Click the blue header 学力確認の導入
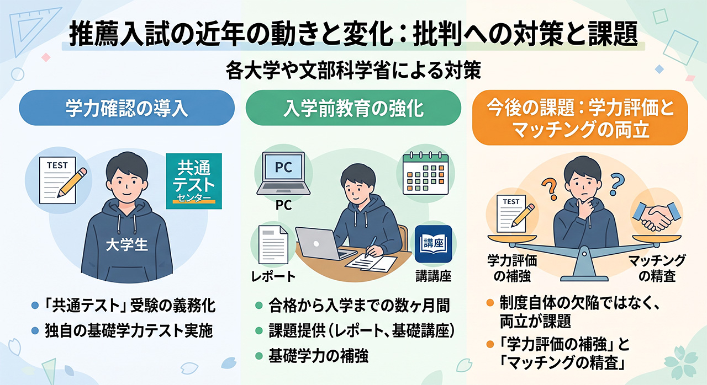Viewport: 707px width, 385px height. (x=127, y=108)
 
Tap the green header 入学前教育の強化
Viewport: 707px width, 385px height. (x=353, y=108)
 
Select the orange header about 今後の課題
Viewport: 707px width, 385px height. (x=580, y=117)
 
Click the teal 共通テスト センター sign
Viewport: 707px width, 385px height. (x=194, y=181)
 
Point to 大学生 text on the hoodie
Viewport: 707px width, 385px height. (x=127, y=245)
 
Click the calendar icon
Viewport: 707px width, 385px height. (x=425, y=173)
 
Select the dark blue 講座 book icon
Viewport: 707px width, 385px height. (x=434, y=244)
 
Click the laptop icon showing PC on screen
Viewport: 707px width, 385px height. (x=283, y=173)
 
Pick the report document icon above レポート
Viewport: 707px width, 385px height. (x=273, y=244)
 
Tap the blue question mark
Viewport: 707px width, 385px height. (x=617, y=185)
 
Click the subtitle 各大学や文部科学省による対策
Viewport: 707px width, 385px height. (x=353, y=71)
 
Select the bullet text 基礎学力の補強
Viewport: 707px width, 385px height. (x=318, y=356)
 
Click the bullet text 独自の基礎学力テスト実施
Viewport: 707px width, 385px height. (x=129, y=331)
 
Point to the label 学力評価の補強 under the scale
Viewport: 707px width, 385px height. (x=512, y=268)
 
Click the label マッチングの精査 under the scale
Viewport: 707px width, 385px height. (x=657, y=268)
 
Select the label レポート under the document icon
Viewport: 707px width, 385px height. (x=273, y=277)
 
